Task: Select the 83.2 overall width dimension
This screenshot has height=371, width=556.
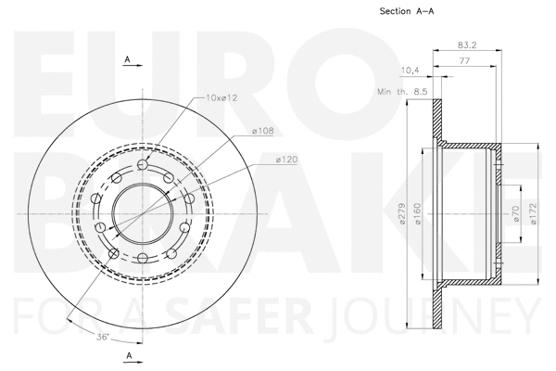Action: pos(468,45)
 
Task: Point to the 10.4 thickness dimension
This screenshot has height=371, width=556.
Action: pos(409,70)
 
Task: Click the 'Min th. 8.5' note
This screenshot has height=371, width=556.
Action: pos(401,92)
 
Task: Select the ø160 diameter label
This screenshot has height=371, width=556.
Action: pos(419,216)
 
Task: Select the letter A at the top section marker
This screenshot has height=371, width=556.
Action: pos(127,59)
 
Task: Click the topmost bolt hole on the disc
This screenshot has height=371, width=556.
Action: pos(142,165)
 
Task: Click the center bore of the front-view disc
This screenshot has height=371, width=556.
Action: pos(142,212)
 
